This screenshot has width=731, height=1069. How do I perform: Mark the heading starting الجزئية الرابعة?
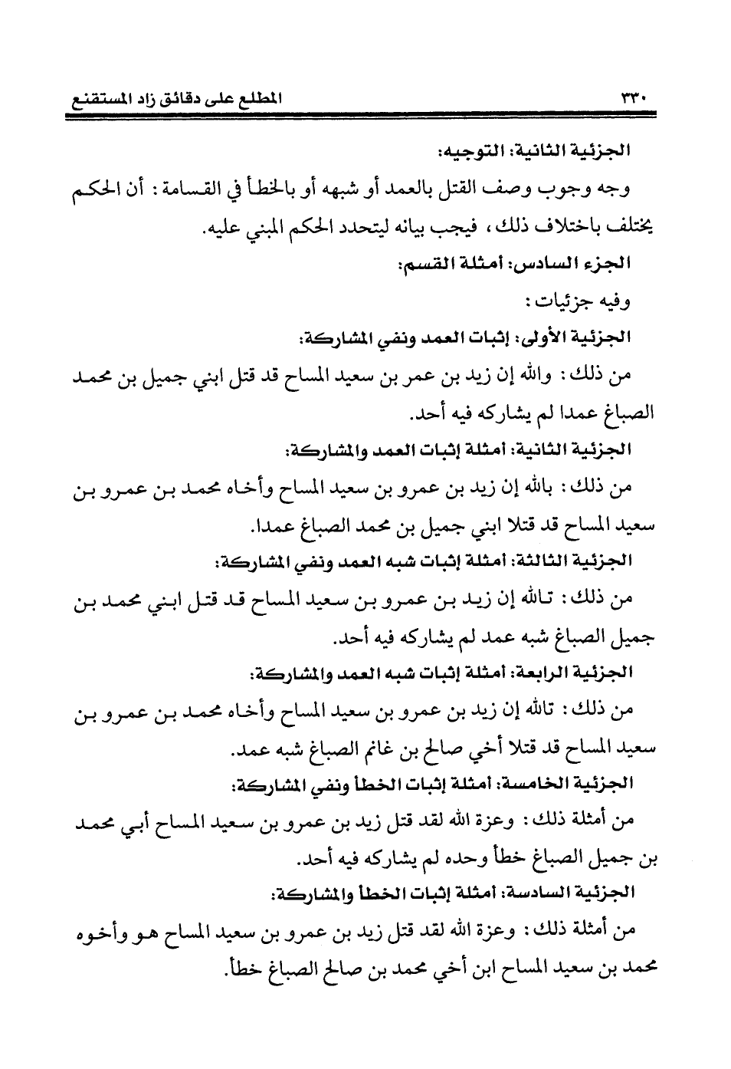click(440, 673)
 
